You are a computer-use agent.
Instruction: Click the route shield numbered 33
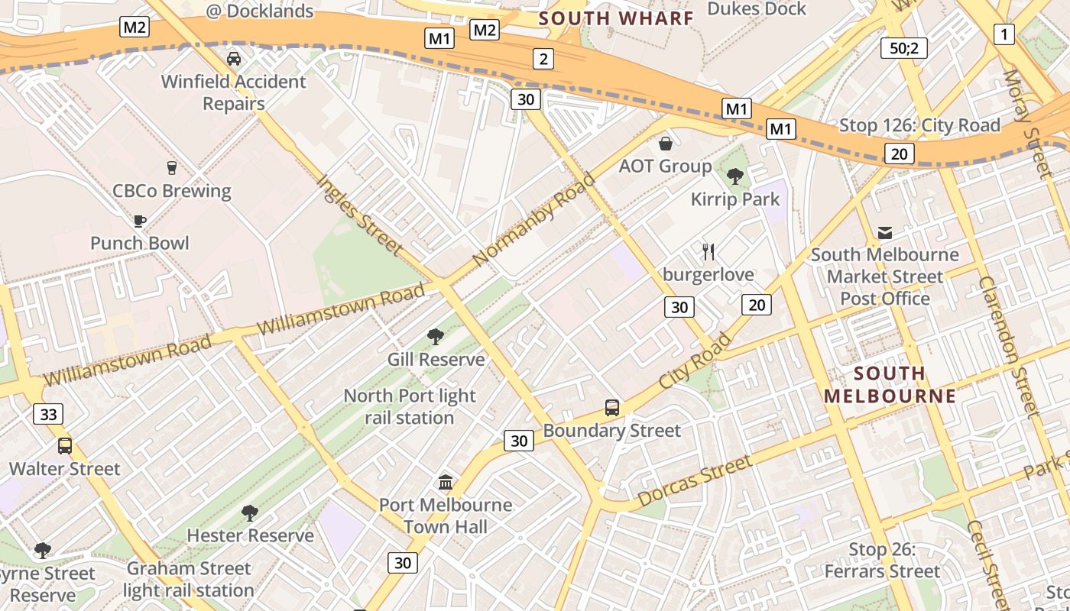pos(48,414)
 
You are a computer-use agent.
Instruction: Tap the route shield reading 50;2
pos(903,48)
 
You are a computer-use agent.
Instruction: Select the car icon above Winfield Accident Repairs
pos(234,58)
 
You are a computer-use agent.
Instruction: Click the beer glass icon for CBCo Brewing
pos(171,167)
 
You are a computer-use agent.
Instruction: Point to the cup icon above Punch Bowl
pos(139,221)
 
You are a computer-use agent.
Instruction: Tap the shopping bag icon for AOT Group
pos(666,144)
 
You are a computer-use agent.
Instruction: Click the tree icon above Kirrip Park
pos(735,176)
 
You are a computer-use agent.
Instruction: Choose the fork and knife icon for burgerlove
pos(708,251)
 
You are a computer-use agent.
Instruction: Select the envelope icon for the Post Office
pos(885,232)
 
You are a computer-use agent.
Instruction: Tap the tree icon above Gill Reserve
pos(436,336)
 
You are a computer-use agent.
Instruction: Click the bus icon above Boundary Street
pos(611,407)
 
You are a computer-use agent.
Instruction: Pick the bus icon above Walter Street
pos(65,445)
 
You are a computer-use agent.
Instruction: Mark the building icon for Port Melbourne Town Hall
pos(446,482)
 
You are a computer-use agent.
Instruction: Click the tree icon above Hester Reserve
pos(250,512)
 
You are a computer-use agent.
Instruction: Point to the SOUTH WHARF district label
pos(616,18)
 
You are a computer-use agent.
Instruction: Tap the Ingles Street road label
pos(359,215)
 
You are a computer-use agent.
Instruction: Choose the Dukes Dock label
pos(756,9)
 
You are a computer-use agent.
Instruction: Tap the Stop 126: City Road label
pos(919,125)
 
